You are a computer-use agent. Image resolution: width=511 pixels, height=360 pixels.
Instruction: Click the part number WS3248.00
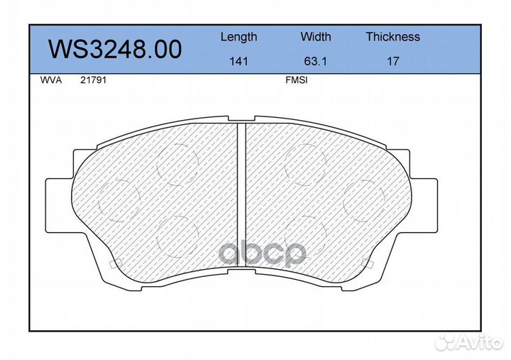115,49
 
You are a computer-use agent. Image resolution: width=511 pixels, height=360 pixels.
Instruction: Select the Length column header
239,37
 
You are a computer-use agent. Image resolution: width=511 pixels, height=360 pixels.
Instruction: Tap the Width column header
315,36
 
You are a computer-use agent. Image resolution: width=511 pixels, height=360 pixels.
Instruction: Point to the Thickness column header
392,36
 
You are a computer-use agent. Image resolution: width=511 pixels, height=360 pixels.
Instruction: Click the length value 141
239,61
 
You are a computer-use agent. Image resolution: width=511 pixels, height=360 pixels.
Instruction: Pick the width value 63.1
315,61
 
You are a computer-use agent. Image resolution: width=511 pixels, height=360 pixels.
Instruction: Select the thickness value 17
392,61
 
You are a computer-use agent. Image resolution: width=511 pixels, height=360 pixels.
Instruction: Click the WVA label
51,80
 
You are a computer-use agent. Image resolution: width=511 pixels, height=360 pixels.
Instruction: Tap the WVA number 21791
93,80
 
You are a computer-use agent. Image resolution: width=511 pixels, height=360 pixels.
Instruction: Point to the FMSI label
297,80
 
